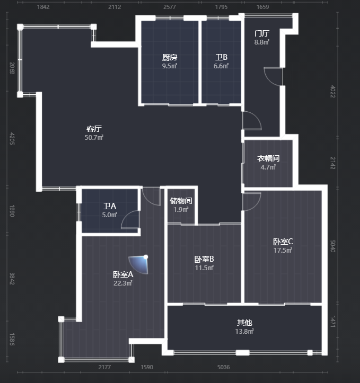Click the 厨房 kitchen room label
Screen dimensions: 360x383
point(170,57)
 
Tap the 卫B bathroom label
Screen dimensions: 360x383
point(221,57)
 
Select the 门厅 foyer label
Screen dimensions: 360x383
point(262,33)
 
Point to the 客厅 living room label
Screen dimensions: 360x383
point(94,129)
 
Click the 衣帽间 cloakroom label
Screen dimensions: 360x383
point(268,158)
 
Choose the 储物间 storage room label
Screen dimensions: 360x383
point(181,201)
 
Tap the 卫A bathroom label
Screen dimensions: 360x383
point(110,206)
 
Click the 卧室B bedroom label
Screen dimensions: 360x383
point(204,259)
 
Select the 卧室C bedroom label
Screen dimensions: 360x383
point(283,242)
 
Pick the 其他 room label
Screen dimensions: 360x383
point(244,323)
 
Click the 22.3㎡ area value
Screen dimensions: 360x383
point(123,283)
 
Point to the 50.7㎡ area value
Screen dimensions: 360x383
point(94,138)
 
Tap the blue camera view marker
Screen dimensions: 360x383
point(140,264)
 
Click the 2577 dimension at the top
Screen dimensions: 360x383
point(170,7)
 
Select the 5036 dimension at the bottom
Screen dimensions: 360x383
point(224,367)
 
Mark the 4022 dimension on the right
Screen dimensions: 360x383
point(333,92)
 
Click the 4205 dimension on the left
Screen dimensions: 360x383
point(12,138)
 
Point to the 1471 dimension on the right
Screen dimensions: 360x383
point(333,322)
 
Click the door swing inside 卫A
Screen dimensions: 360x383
point(130,219)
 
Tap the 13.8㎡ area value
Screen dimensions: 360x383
point(244,332)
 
